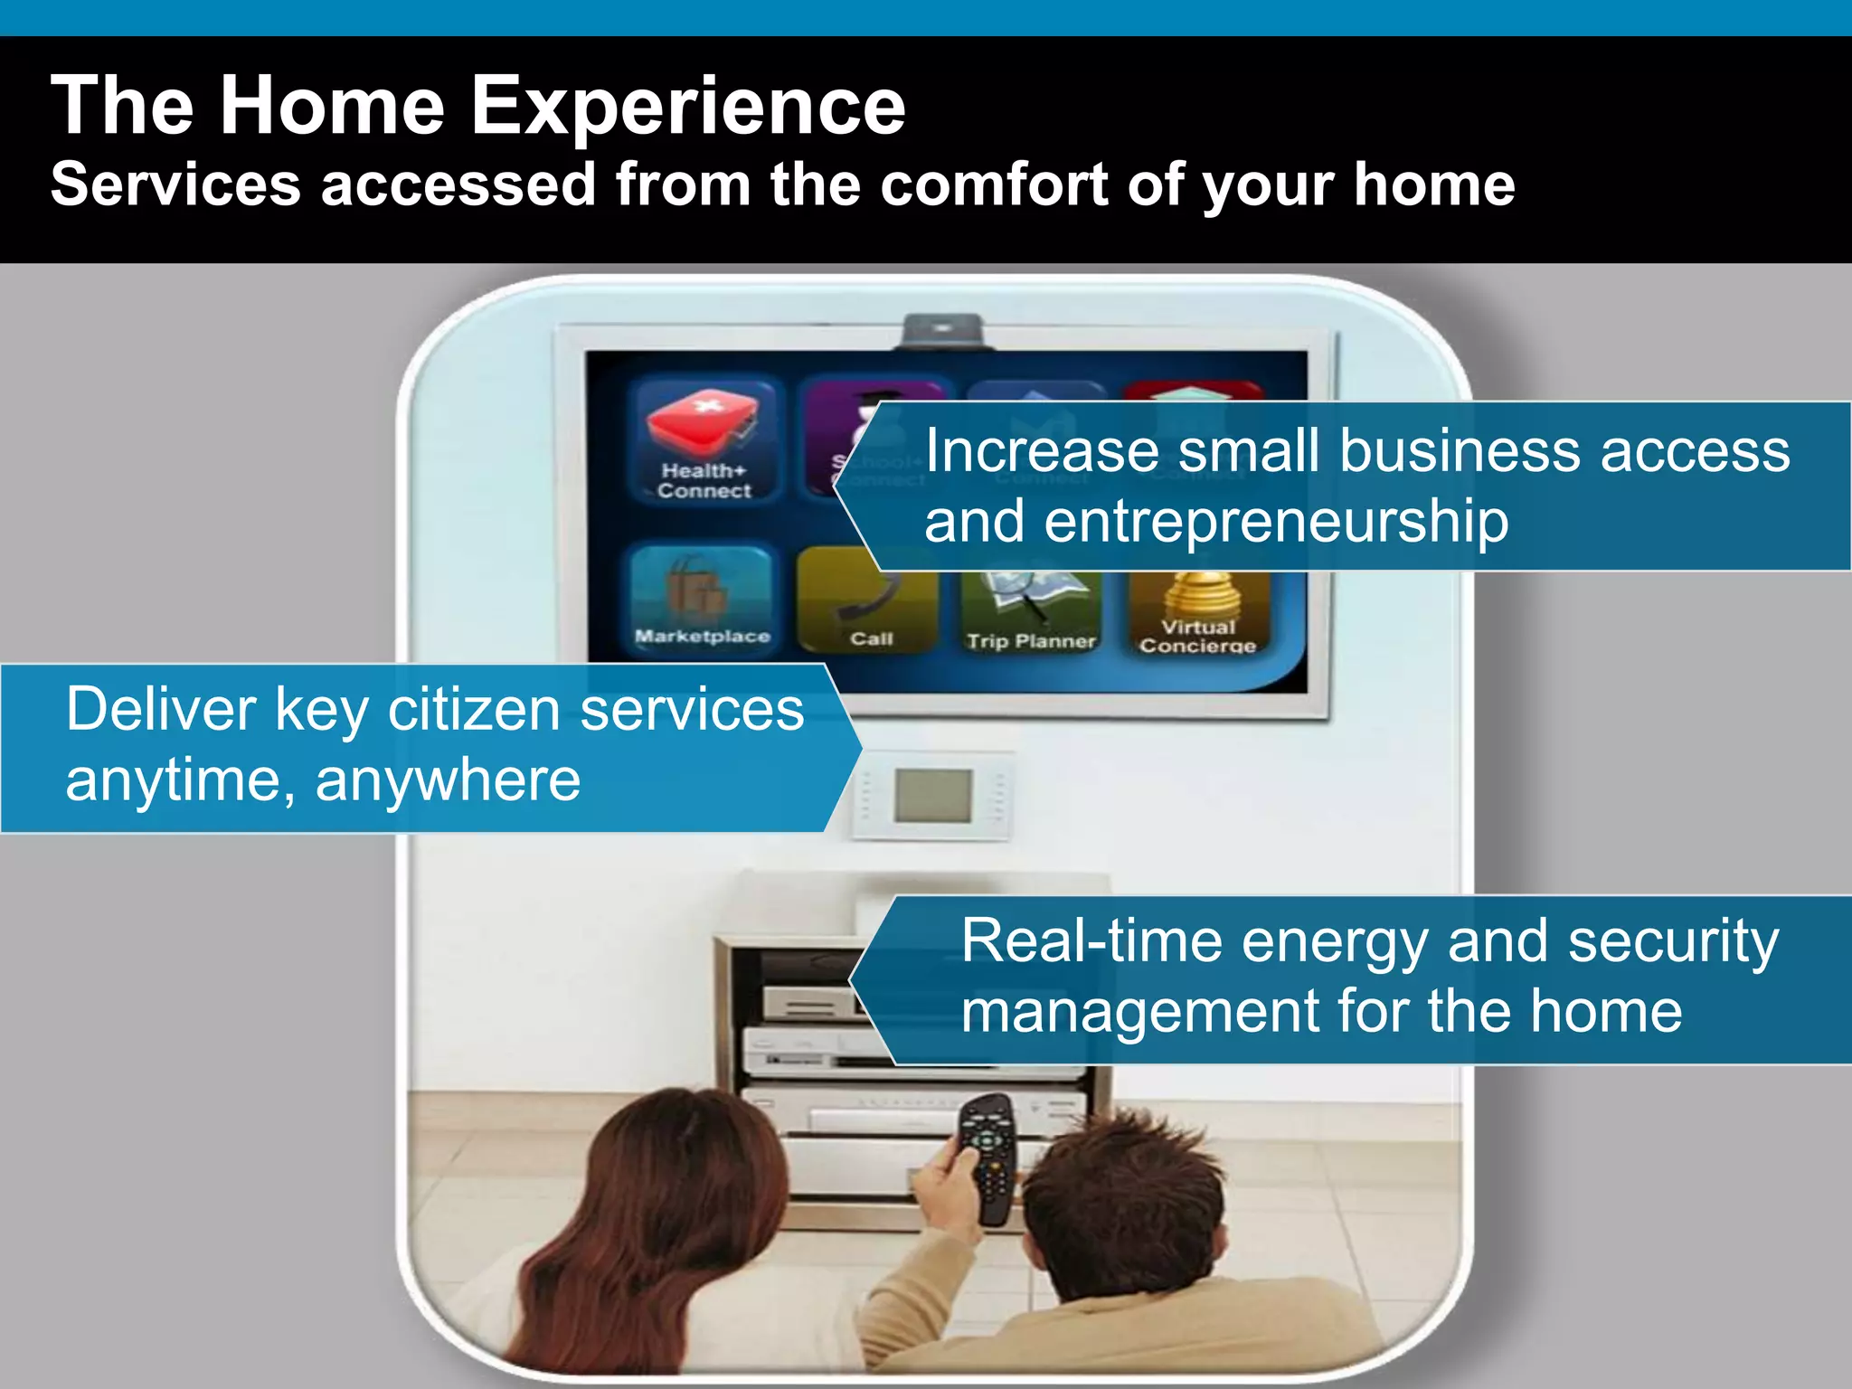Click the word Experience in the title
point(687,107)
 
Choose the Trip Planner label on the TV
point(1031,641)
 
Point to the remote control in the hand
point(987,1157)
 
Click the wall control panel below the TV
point(933,795)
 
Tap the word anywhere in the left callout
point(448,780)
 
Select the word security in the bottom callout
point(1673,941)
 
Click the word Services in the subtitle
point(175,184)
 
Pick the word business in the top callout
point(1461,451)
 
